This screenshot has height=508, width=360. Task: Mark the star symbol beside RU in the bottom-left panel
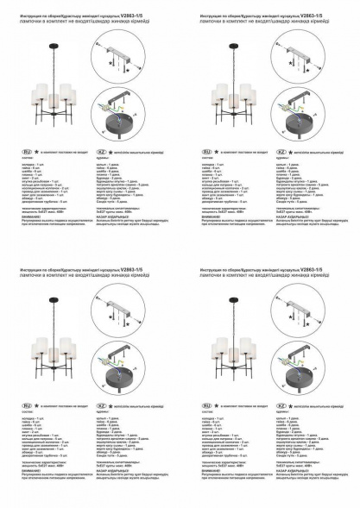coord(37,405)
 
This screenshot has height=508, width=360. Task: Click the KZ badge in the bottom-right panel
coord(281,405)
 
